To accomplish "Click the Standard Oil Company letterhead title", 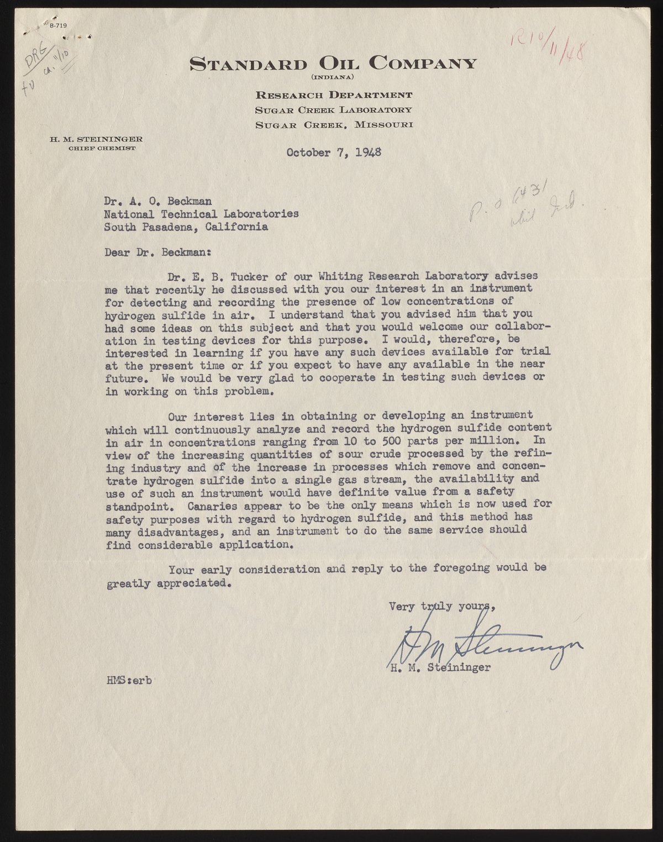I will (x=333, y=63).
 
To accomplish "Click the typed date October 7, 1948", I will (x=334, y=152).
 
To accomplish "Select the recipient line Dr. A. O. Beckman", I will (x=157, y=201).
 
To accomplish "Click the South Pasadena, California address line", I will (x=187, y=227).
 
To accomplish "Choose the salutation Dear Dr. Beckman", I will (x=158, y=252).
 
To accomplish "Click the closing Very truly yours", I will (x=442, y=606).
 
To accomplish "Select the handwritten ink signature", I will (x=481, y=641).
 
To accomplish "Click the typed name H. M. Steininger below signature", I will (x=440, y=667).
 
